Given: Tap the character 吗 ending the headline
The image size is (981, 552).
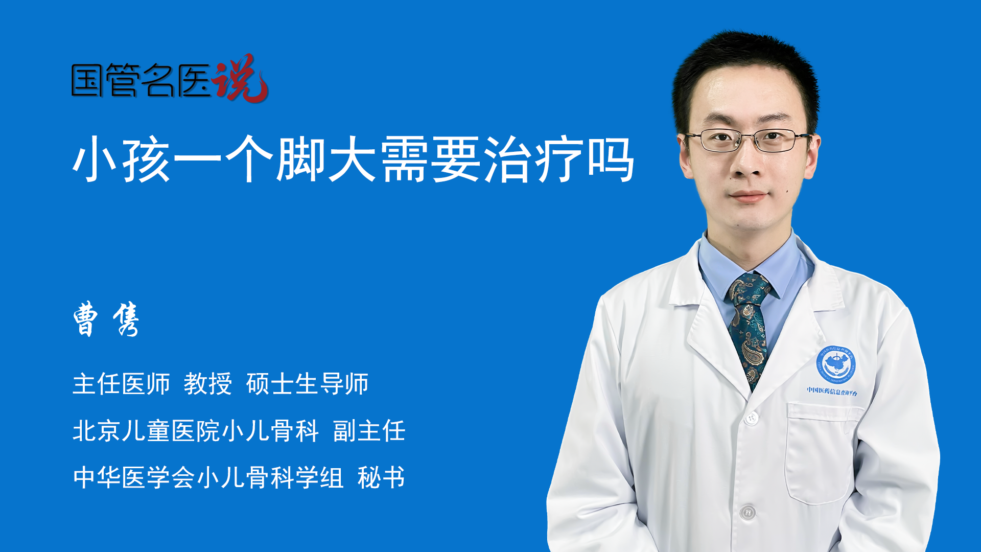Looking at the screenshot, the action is coord(611,159).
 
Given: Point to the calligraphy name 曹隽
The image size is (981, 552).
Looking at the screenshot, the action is coord(106,319).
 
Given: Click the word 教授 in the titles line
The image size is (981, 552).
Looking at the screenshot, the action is coord(208,384).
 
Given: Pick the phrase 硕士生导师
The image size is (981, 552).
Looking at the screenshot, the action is coord(307,384).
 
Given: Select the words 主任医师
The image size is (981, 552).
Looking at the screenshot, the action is coord(121,384).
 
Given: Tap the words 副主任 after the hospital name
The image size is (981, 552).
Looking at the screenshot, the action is coord(369,431).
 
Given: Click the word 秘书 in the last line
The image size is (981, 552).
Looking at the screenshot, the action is coord(381,477).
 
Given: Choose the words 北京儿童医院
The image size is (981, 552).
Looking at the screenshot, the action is coord(146,431).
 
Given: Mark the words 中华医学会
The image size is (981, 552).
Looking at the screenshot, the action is coord(134,477).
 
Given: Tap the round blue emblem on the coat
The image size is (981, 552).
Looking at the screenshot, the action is coord(835,364).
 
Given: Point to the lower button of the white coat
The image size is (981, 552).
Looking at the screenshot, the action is coord(748,512).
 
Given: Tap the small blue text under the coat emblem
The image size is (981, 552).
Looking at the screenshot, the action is coord(832,391).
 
